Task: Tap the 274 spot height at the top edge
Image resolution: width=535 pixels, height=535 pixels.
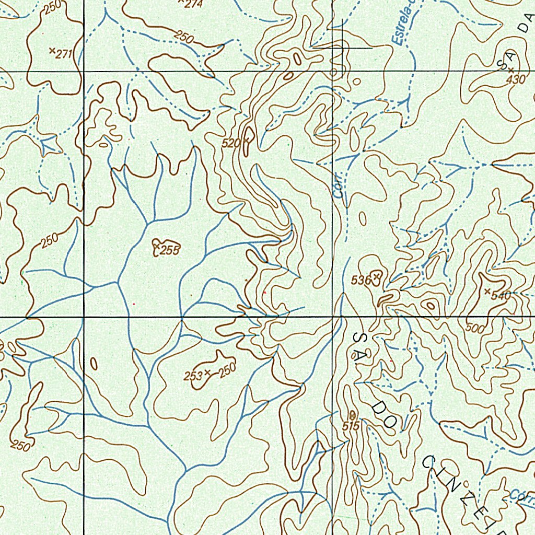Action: [193, 3]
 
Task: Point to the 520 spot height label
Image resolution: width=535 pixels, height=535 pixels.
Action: [230, 143]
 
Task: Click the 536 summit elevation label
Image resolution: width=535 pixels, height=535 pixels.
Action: [360, 280]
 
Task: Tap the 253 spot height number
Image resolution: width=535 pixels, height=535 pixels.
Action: [193, 375]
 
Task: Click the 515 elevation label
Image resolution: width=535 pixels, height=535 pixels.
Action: [351, 426]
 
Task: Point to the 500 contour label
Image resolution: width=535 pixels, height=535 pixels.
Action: [475, 329]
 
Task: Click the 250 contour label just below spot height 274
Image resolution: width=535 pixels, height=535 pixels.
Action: [184, 37]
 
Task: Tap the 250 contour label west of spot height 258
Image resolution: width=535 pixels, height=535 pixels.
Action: [50, 240]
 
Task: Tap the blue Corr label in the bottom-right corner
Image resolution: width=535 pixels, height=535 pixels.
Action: [521, 495]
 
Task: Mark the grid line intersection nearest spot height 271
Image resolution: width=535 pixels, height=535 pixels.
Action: [84, 71]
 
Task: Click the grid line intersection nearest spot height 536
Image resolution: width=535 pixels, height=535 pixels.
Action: [333, 317]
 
